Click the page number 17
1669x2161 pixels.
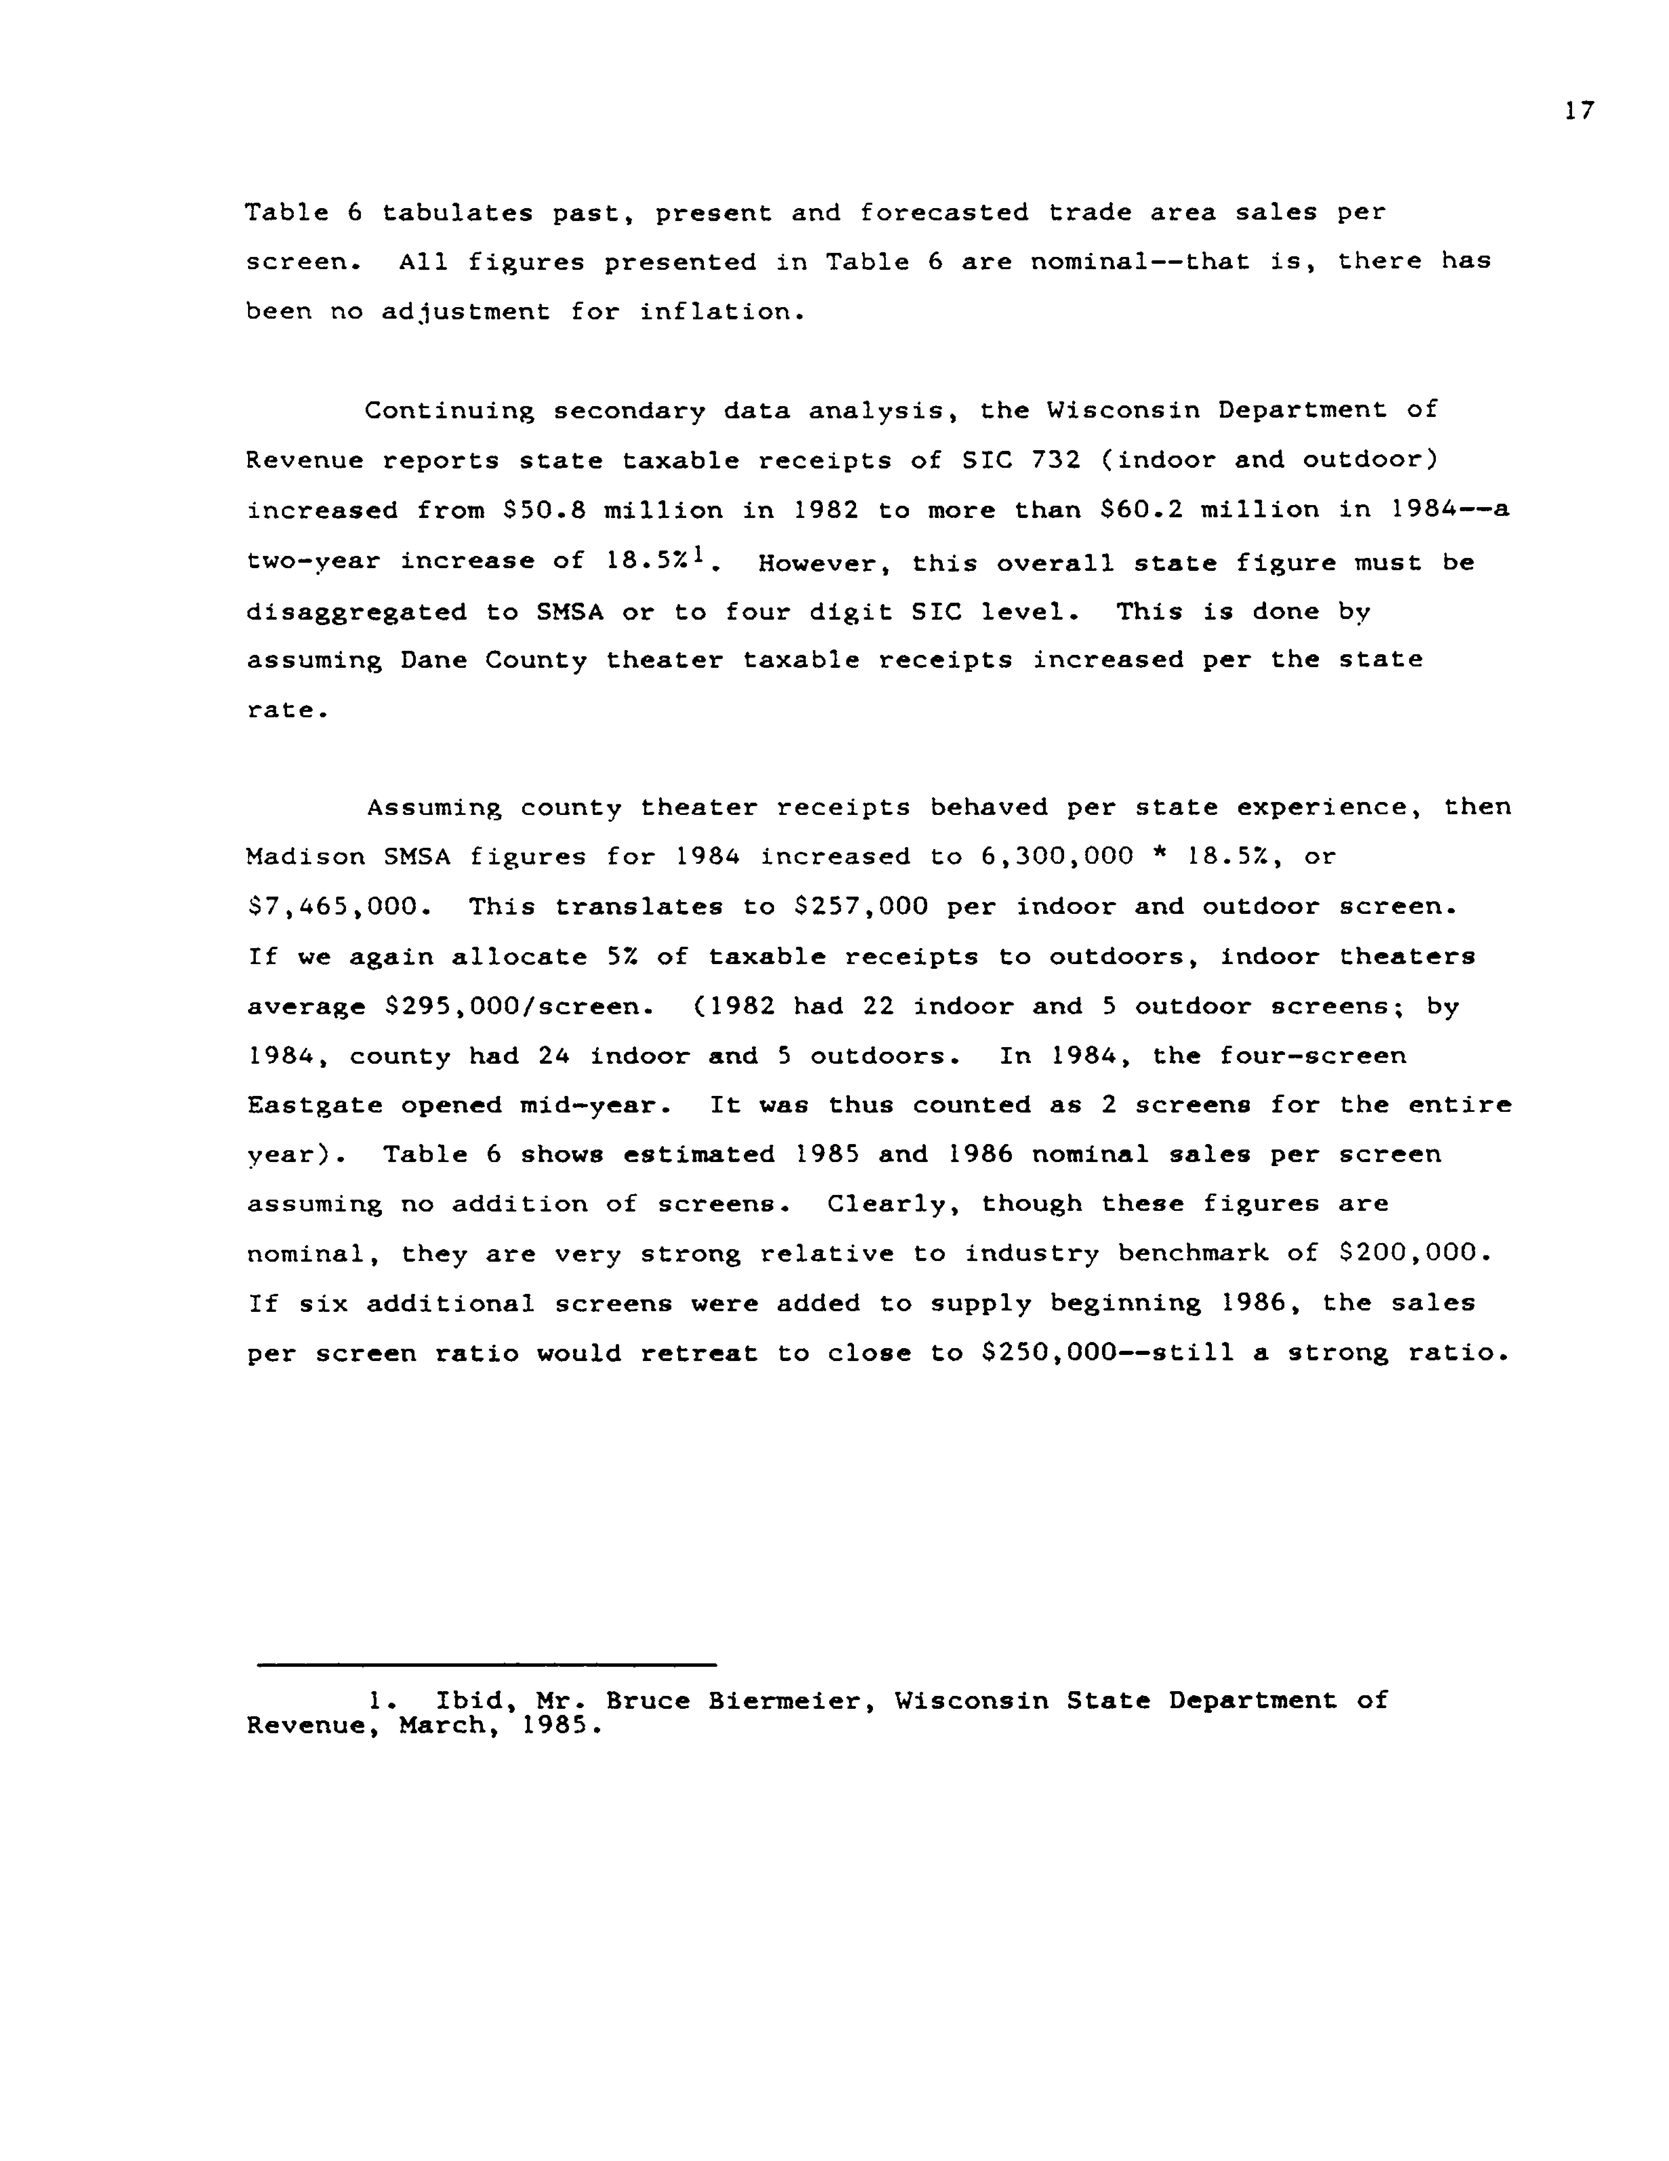tap(1579, 111)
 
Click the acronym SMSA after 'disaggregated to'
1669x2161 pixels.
tap(570, 612)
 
